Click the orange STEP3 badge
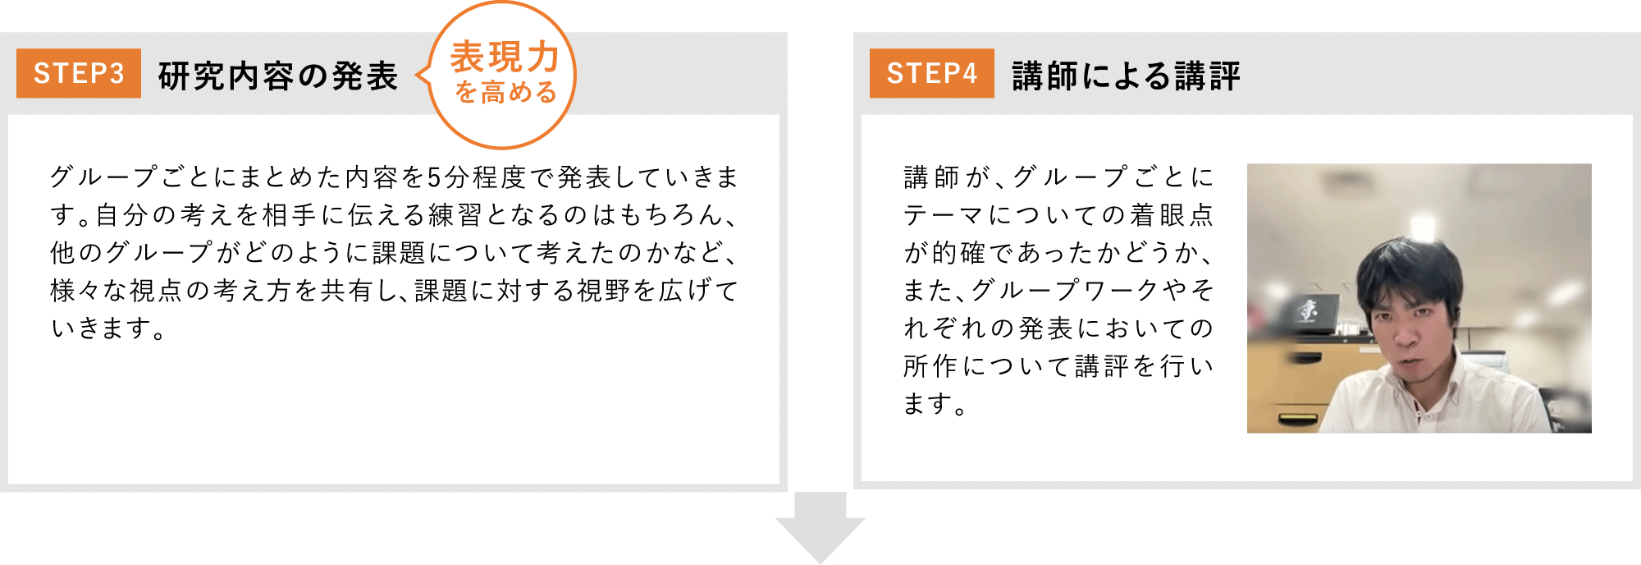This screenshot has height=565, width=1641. [79, 73]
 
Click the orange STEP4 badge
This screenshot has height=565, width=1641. [931, 73]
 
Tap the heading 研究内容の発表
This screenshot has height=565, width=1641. [277, 76]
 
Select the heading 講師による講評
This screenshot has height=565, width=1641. [1126, 76]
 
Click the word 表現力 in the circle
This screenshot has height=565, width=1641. [504, 57]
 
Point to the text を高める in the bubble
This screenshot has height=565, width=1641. [505, 92]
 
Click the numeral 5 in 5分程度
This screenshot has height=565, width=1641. [435, 177]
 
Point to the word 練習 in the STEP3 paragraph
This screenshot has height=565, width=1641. [454, 214]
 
